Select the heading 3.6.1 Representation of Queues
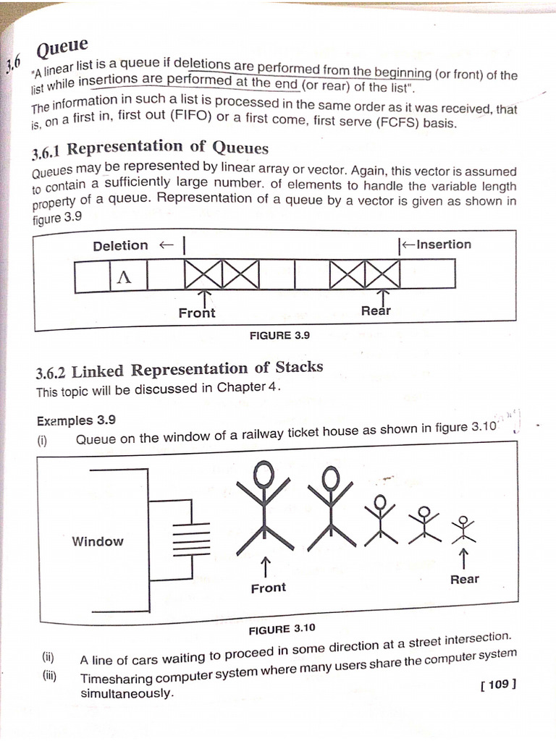click(x=150, y=149)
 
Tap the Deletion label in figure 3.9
click(x=120, y=246)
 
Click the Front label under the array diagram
click(x=197, y=313)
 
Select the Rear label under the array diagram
click(x=376, y=311)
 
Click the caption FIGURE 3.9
click(x=279, y=336)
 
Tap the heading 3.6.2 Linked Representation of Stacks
click(x=179, y=369)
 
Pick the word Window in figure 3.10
click(x=98, y=541)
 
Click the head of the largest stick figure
click(x=265, y=473)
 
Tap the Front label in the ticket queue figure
click(x=268, y=588)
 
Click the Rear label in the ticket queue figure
click(x=464, y=579)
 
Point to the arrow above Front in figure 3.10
click(x=266, y=564)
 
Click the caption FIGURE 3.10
click(x=282, y=628)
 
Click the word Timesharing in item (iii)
click(x=122, y=678)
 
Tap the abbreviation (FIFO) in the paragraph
click(x=190, y=117)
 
